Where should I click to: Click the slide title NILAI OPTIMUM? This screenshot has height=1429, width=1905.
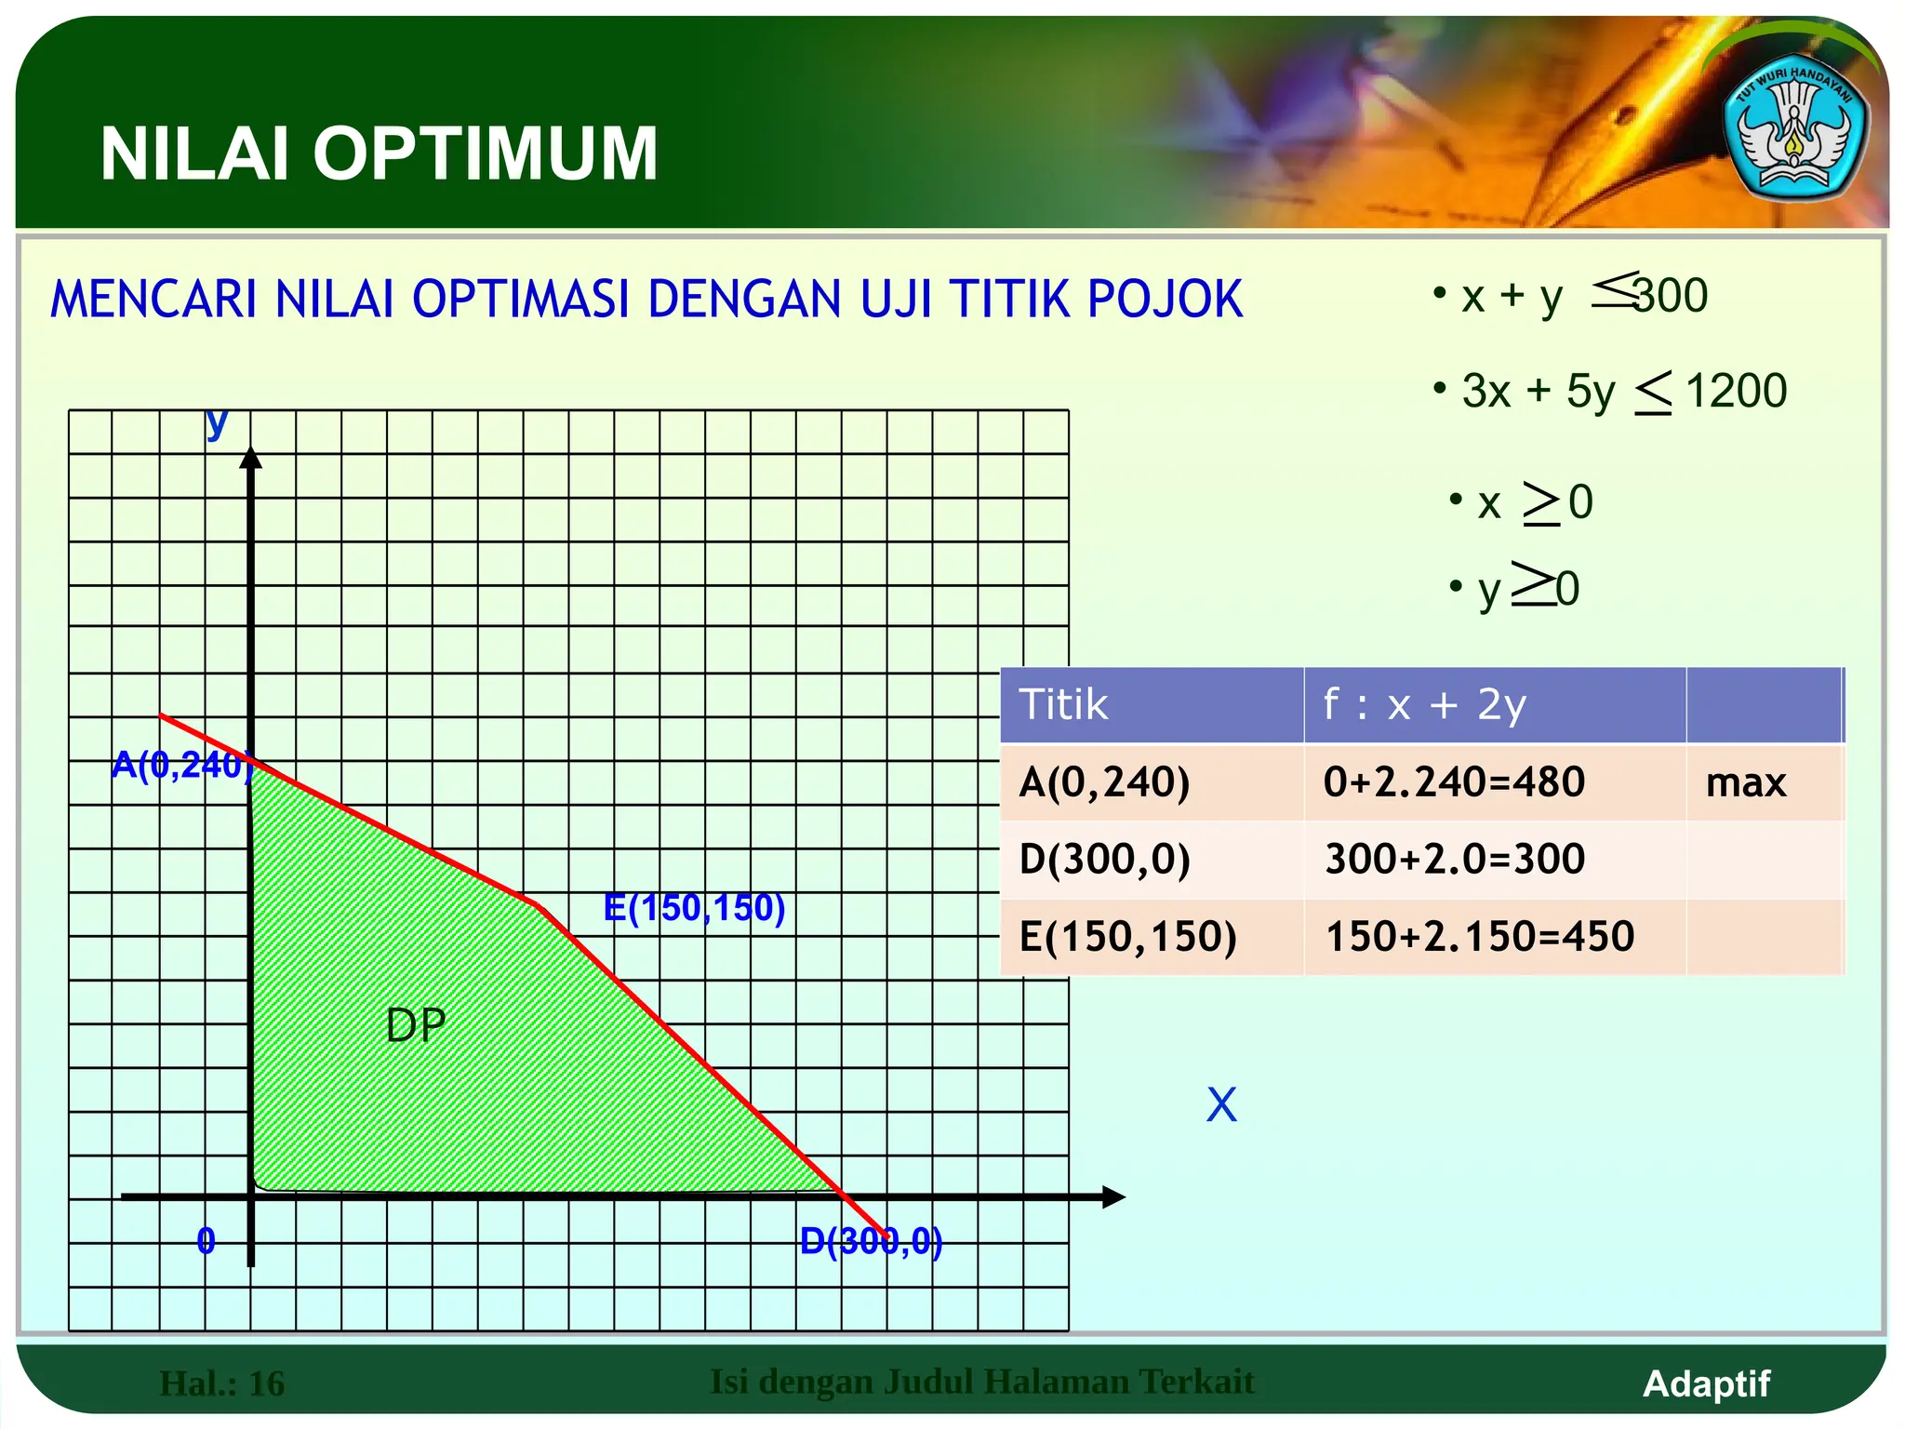pyautogui.click(x=379, y=154)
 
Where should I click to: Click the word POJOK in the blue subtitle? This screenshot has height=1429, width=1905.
pyautogui.click(x=1165, y=300)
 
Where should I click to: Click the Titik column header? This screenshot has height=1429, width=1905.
pyautogui.click(x=1063, y=704)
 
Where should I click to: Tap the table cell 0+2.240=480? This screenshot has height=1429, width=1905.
pyautogui.click(x=1454, y=781)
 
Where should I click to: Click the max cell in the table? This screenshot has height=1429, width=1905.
pyautogui.click(x=1745, y=782)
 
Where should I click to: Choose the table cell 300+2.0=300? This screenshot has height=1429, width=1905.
pyautogui.click(x=1454, y=859)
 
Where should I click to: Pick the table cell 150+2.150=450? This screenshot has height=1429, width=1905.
pyautogui.click(x=1479, y=936)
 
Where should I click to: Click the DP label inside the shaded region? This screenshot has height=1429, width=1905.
pyautogui.click(x=416, y=1025)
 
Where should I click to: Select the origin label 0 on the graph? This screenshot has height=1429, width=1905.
pyautogui.click(x=206, y=1241)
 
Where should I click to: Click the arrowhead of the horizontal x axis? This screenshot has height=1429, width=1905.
pyautogui.click(x=1113, y=1197)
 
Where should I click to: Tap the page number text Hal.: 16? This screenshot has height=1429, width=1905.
pyautogui.click(x=222, y=1383)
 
